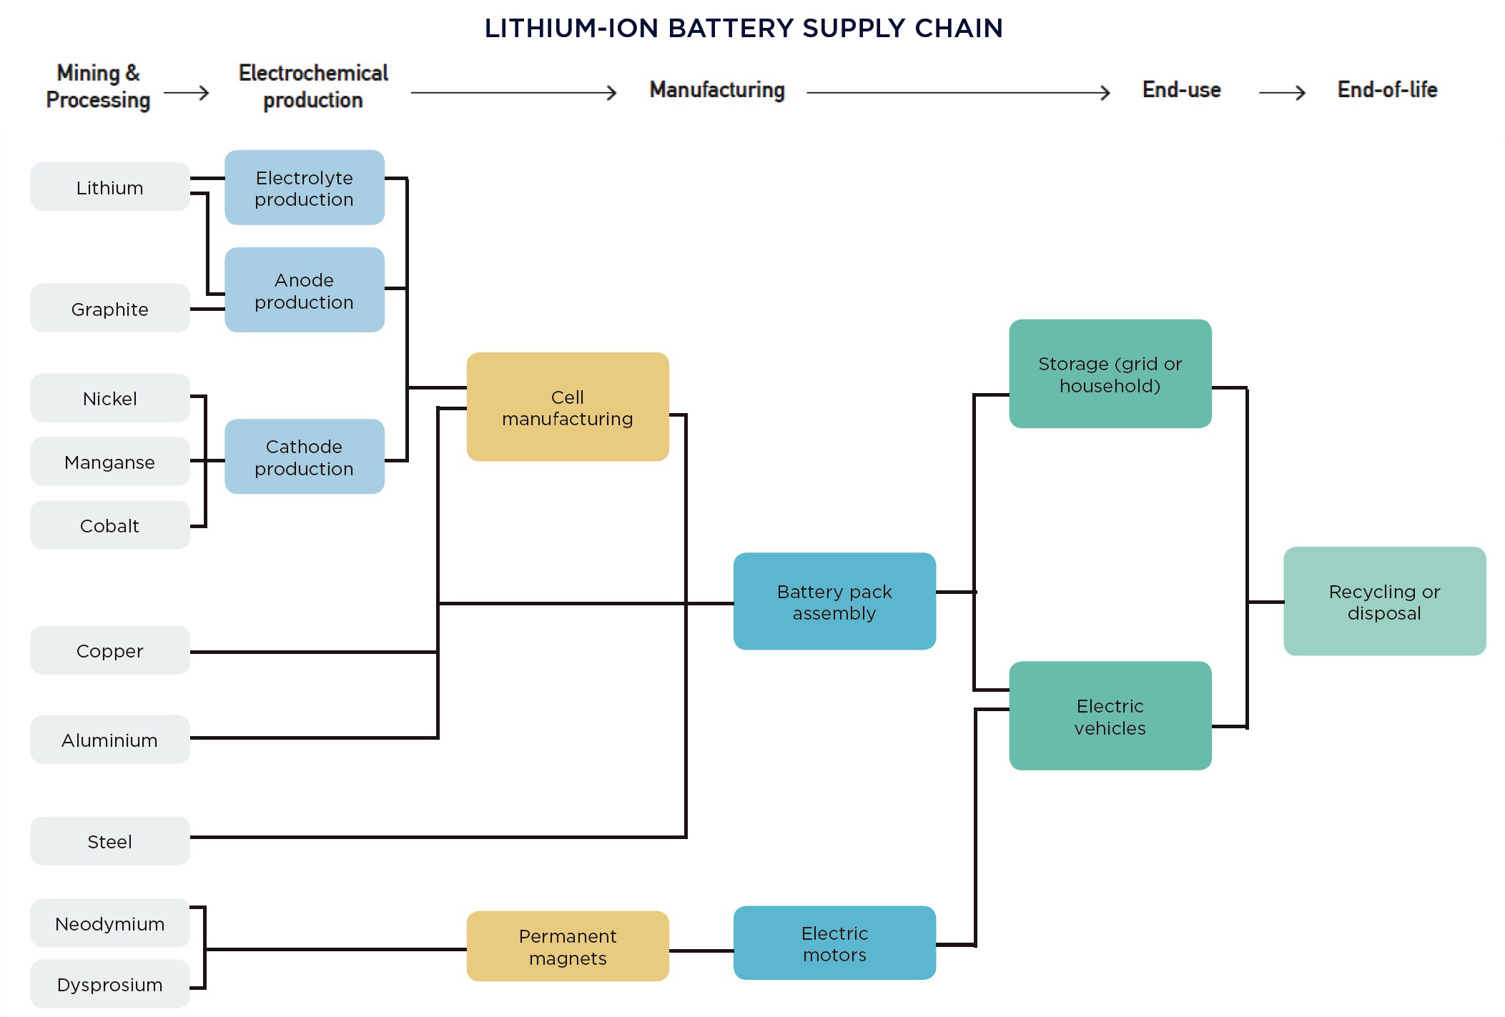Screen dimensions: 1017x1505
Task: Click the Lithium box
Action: [110, 187]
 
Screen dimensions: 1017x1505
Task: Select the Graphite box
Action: [110, 309]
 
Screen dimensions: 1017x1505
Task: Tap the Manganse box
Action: [110, 462]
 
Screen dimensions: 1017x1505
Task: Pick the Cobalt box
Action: [110, 525]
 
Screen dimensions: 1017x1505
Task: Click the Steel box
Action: [110, 841]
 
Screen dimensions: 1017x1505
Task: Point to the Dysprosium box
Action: [110, 984]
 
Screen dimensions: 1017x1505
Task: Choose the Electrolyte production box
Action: [305, 188]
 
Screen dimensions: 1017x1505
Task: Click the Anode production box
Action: [305, 290]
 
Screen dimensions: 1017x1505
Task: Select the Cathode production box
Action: [305, 457]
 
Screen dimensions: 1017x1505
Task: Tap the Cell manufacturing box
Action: [568, 407]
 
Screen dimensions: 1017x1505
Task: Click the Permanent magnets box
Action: [568, 946]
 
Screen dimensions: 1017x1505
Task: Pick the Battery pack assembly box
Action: [834, 602]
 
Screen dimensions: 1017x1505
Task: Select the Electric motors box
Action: [834, 943]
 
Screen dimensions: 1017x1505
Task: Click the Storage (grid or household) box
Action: [1110, 374]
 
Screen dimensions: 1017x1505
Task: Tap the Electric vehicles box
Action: [1110, 716]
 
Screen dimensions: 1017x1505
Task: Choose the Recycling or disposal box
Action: [1384, 602]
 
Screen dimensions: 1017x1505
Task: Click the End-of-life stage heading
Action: [1387, 90]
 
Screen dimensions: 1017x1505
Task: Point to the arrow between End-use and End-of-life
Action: [1282, 93]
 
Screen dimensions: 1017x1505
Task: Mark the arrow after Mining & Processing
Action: [187, 93]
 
